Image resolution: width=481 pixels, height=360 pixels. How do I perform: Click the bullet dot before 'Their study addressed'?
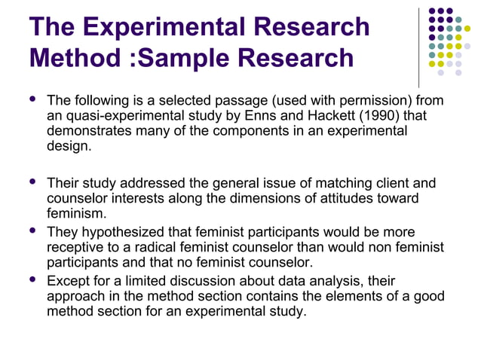[x=31, y=182]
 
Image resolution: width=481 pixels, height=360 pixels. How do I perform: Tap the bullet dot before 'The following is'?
[x=31, y=99]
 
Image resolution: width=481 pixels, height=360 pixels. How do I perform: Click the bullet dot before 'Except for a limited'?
[x=31, y=279]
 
